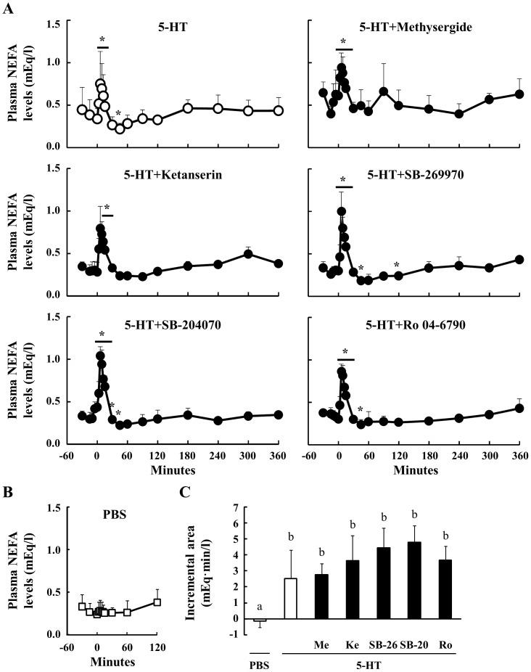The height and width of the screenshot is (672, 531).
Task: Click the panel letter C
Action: [x=186, y=491]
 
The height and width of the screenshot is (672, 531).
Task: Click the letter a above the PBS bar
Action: [x=258, y=607]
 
